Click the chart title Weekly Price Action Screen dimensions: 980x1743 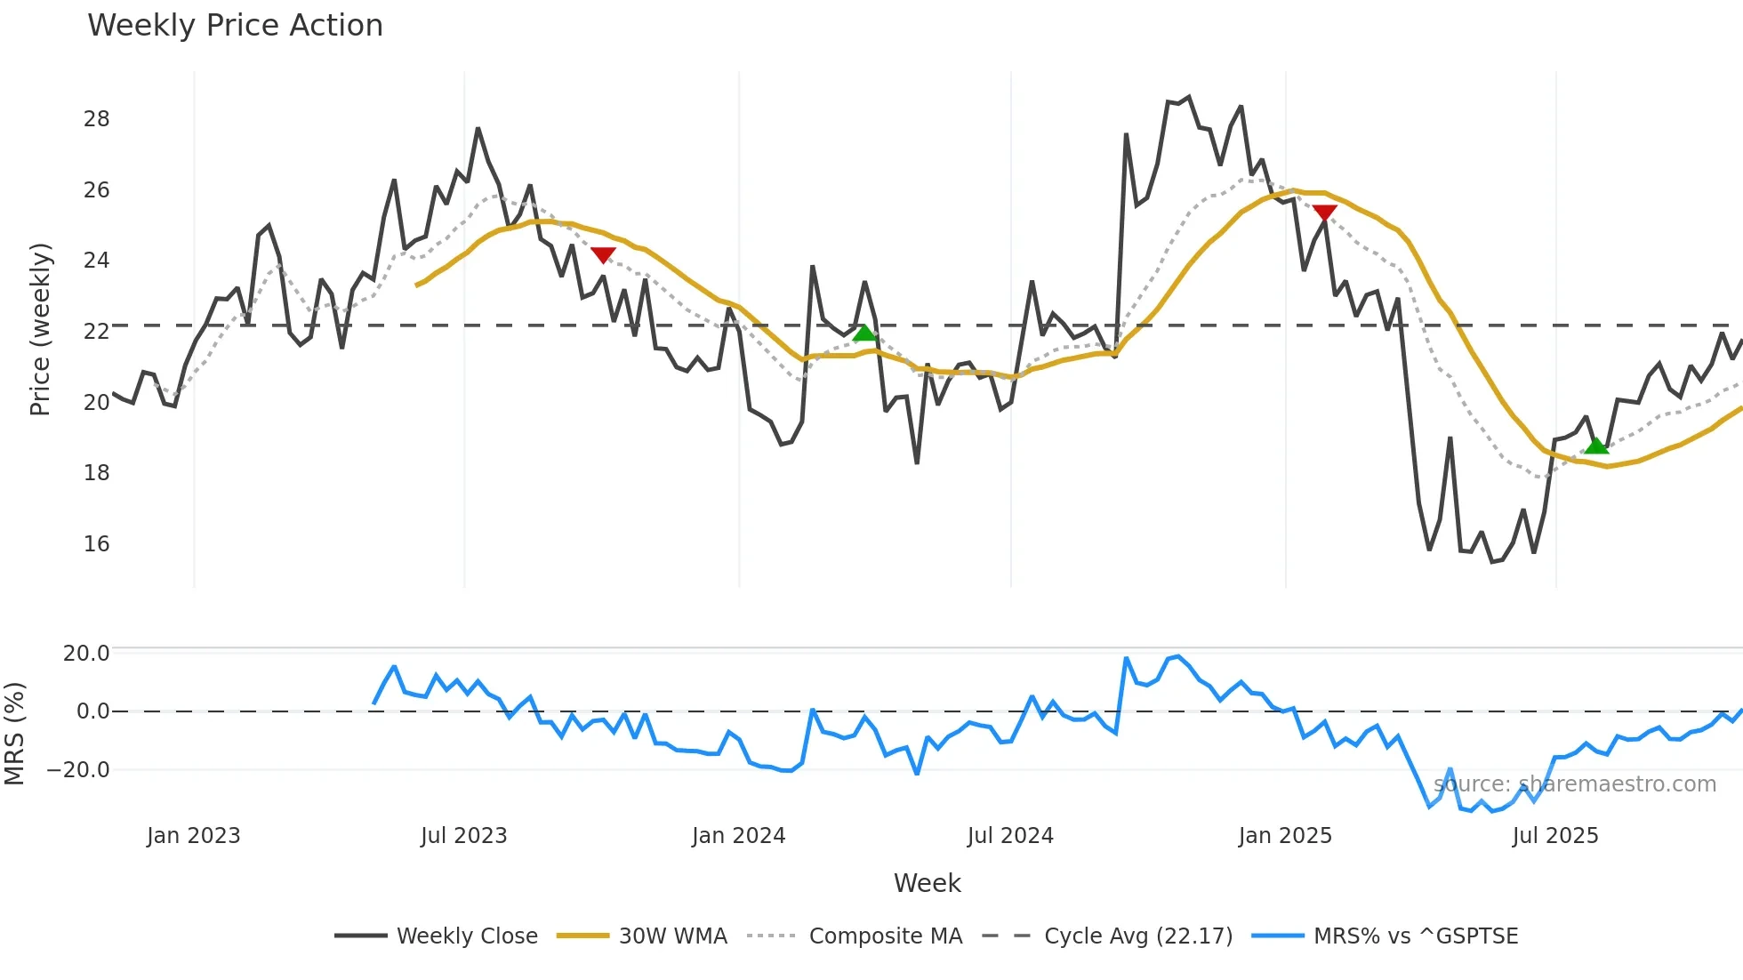point(235,26)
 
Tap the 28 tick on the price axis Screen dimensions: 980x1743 point(96,119)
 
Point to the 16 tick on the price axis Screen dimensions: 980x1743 point(96,544)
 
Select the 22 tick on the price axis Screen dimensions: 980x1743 point(96,332)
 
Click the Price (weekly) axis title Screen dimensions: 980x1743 point(40,329)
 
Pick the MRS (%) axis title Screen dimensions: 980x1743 point(14,734)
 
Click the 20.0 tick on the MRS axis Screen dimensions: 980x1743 point(85,654)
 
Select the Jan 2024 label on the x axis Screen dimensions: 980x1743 point(738,836)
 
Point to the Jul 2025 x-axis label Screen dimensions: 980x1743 point(1554,836)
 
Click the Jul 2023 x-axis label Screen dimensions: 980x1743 point(463,836)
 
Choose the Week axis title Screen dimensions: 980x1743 point(927,883)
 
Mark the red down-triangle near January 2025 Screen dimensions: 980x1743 point(1324,213)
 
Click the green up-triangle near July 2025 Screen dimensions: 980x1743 point(1596,446)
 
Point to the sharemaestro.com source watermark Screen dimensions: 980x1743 point(1574,784)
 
